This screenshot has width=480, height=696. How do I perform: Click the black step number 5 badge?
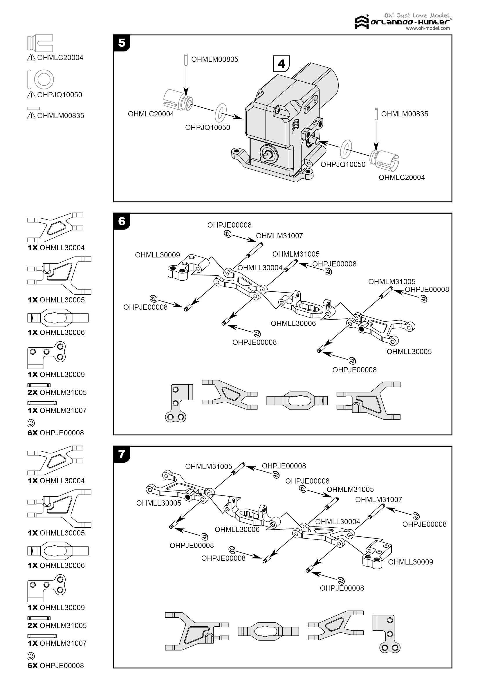[x=122, y=43]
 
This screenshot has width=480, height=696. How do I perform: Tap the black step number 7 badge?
[x=122, y=454]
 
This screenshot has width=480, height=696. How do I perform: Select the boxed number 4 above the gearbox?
[x=281, y=64]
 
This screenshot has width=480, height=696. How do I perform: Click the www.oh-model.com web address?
[x=428, y=28]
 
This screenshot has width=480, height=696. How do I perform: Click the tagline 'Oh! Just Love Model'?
[x=417, y=15]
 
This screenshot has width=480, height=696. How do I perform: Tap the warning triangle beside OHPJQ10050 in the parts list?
[x=31, y=95]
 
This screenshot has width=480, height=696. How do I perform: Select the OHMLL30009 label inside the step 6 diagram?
[x=157, y=255]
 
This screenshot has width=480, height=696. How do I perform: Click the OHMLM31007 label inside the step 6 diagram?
[x=279, y=236]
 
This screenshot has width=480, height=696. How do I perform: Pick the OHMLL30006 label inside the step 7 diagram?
[x=237, y=530]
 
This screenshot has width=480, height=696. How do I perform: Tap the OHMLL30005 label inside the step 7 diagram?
[x=159, y=503]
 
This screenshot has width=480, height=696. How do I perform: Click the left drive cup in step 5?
[x=176, y=100]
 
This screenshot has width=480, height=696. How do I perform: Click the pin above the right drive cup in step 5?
[x=376, y=114]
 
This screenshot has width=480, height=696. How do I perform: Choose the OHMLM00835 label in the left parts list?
[x=61, y=116]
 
